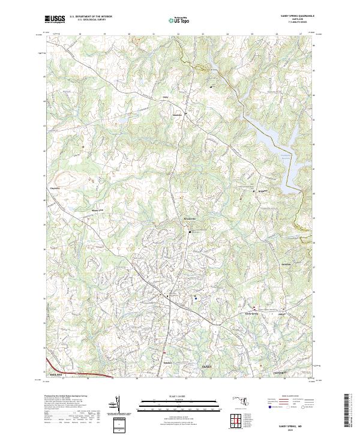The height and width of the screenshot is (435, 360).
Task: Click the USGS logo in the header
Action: pos(55,20)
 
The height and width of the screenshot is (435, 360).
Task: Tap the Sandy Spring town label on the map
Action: pos(250,313)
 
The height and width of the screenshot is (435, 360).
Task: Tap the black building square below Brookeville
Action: pos(191,232)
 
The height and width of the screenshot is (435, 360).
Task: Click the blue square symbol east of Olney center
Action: pos(196,298)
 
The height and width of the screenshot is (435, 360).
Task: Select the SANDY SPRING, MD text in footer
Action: pos(292,424)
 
